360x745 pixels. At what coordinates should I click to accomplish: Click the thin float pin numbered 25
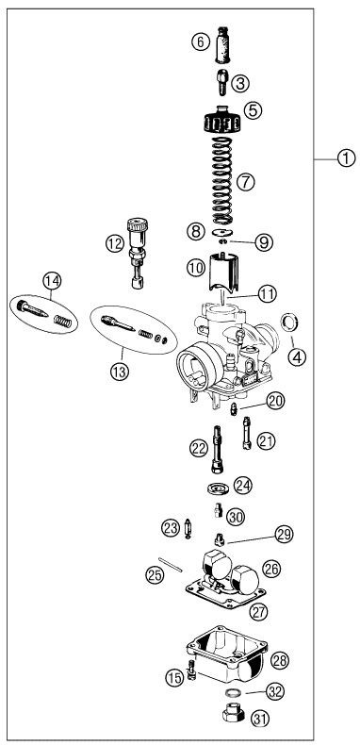coord(172,565)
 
